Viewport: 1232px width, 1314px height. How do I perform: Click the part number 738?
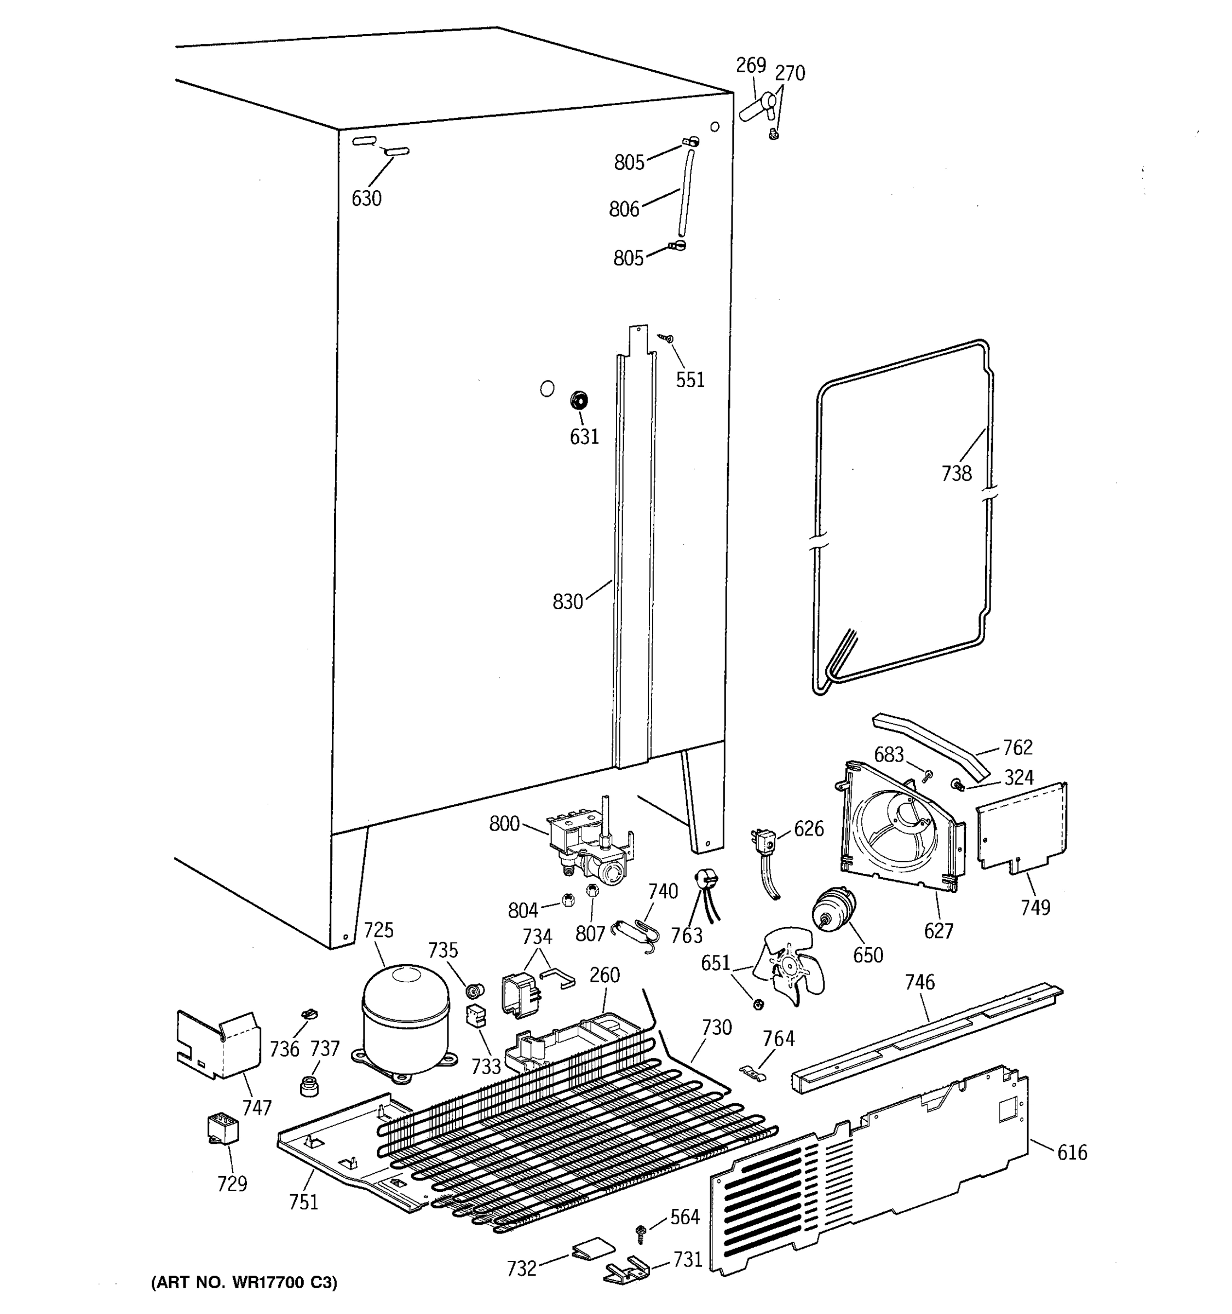(x=957, y=473)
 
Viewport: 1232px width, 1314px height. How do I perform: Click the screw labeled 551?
(x=667, y=338)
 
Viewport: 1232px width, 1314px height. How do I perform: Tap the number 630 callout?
(x=366, y=198)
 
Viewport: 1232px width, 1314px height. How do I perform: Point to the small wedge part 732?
(x=593, y=1248)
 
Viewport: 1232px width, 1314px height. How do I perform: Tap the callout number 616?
(x=1072, y=1152)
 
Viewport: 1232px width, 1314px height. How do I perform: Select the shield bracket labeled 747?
(x=217, y=1044)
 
